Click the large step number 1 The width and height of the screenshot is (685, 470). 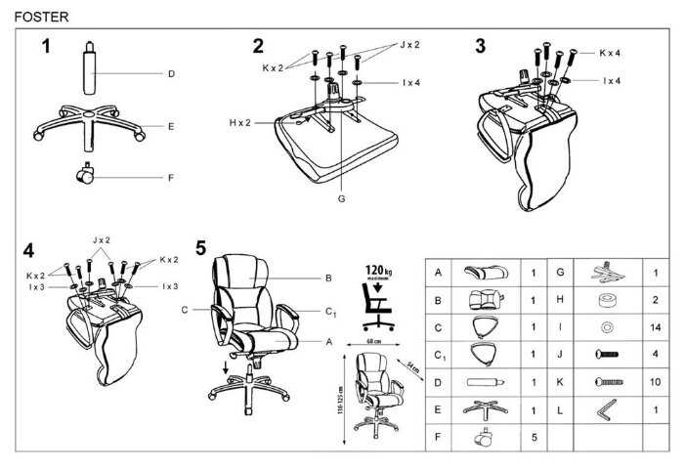46,46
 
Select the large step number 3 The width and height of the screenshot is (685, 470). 480,46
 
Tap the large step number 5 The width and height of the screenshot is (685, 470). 200,248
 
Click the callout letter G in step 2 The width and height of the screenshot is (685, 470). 341,199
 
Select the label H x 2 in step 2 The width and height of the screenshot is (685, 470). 239,123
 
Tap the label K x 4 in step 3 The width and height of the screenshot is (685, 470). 610,53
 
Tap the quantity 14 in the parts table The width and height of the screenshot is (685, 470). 655,327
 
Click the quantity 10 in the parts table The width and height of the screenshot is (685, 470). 655,382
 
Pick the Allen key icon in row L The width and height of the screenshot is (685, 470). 607,409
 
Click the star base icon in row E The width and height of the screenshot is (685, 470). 485,410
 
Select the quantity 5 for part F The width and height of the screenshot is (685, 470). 534,438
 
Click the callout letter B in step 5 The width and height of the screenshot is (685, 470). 328,278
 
